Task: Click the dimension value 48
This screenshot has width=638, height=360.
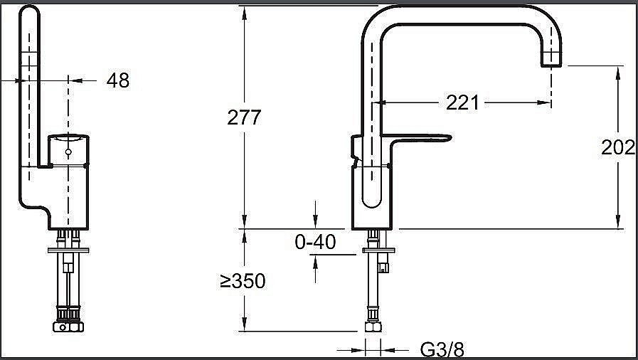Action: [x=118, y=80]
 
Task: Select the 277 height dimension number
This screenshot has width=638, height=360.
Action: [x=244, y=117]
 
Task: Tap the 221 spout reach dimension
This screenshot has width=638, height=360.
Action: [x=462, y=102]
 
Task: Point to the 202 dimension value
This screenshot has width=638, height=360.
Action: [x=617, y=147]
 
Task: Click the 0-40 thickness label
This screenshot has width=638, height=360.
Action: [x=315, y=243]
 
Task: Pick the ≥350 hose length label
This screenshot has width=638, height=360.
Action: [x=243, y=281]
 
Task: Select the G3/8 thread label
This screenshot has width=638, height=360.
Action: [x=442, y=349]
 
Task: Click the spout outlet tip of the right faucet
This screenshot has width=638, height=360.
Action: [x=551, y=65]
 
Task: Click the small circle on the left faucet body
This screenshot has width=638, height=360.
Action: [x=68, y=152]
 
